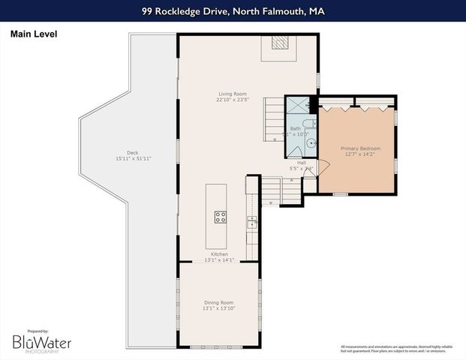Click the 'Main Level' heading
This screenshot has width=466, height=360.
pyautogui.click(x=33, y=34)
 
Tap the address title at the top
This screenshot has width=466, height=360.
pyautogui.click(x=233, y=11)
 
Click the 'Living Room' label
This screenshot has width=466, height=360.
pyautogui.click(x=232, y=94)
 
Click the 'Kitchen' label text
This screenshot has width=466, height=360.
pyautogui.click(x=219, y=254)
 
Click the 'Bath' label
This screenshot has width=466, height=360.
pyautogui.click(x=296, y=129)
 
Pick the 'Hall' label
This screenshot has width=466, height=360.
pyautogui.click(x=301, y=162)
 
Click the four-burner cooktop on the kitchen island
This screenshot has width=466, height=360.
pyautogui.click(x=221, y=217)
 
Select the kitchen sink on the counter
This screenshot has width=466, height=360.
pyautogui.click(x=252, y=221)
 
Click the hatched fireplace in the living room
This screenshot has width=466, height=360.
pyautogui.click(x=279, y=43)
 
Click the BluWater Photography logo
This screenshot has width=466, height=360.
pyautogui.click(x=41, y=342)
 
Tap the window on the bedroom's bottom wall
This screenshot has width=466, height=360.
pyautogui.click(x=340, y=194)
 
